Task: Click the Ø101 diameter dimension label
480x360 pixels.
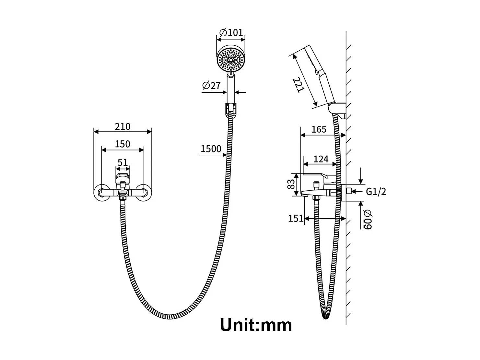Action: click(x=231, y=33)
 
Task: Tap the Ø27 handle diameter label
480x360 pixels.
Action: click(x=211, y=85)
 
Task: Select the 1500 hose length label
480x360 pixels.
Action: click(x=211, y=149)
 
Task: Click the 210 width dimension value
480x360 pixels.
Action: click(x=123, y=126)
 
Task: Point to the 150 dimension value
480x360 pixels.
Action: click(x=123, y=144)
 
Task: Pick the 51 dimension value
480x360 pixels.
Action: click(x=123, y=162)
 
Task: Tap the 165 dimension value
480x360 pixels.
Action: click(x=319, y=129)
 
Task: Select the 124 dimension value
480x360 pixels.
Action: click(x=321, y=159)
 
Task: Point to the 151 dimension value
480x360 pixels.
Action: click(x=296, y=219)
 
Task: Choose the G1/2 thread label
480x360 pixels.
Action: click(x=376, y=192)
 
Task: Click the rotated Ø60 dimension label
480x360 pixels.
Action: click(x=368, y=220)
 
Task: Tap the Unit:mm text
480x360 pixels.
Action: click(x=256, y=325)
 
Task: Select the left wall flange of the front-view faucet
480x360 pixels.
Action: click(x=101, y=193)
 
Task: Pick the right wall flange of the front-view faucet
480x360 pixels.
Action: click(x=143, y=193)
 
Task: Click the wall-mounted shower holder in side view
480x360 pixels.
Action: click(x=339, y=109)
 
